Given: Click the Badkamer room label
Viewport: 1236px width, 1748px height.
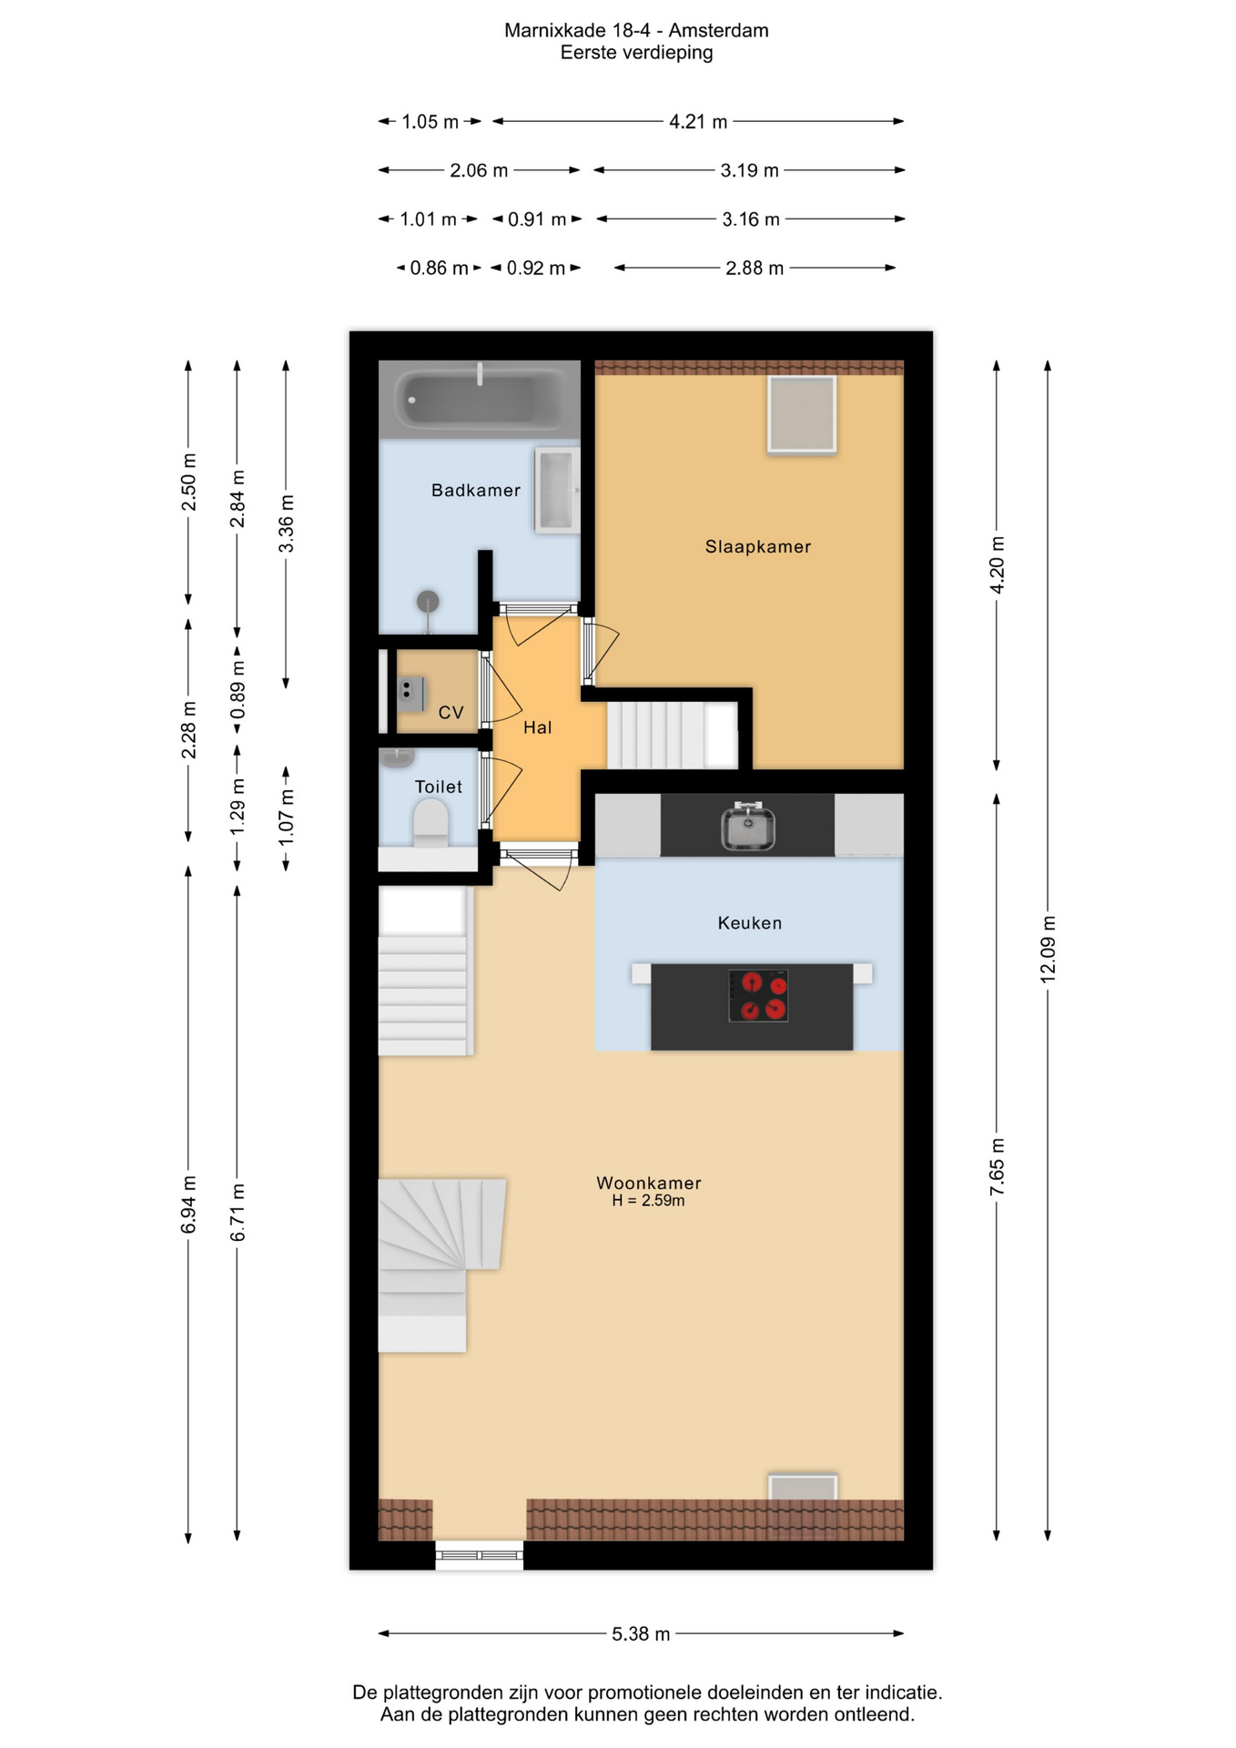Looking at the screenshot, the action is [x=475, y=491].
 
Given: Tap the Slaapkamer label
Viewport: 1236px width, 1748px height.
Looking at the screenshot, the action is [x=757, y=546].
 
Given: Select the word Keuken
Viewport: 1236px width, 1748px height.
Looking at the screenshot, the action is [x=749, y=923].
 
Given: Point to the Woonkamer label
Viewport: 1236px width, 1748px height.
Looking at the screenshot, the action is [x=648, y=1183].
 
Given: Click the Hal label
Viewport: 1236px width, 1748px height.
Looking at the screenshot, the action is [x=537, y=727].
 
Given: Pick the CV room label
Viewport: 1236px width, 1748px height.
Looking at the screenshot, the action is [x=451, y=713].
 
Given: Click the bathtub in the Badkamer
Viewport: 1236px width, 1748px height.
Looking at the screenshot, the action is [x=480, y=399].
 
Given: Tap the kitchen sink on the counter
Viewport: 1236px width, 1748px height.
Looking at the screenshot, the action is [x=747, y=827].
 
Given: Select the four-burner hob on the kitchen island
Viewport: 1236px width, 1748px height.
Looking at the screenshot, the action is [x=757, y=995].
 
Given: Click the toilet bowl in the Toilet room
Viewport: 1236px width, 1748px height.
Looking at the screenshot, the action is [x=431, y=823].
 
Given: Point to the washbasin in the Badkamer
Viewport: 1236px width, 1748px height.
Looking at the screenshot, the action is [x=557, y=490].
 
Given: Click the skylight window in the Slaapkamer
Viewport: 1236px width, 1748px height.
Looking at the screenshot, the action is [x=801, y=414].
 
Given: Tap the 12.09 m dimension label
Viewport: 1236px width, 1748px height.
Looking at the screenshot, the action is [x=1048, y=948].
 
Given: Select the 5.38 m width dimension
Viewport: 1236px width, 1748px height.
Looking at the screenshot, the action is [x=641, y=1634].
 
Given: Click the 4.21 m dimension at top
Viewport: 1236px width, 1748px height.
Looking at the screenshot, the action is [x=698, y=121].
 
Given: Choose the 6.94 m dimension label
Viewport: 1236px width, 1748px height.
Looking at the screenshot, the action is [x=188, y=1204].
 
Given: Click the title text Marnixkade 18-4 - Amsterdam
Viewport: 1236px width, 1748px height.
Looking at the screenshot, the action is [x=636, y=31].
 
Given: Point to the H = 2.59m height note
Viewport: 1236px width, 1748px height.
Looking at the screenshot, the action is [x=648, y=1201].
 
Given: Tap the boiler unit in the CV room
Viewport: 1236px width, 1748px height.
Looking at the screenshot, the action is [x=411, y=694].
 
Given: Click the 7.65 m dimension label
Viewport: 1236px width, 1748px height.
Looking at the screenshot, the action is [x=997, y=1166].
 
